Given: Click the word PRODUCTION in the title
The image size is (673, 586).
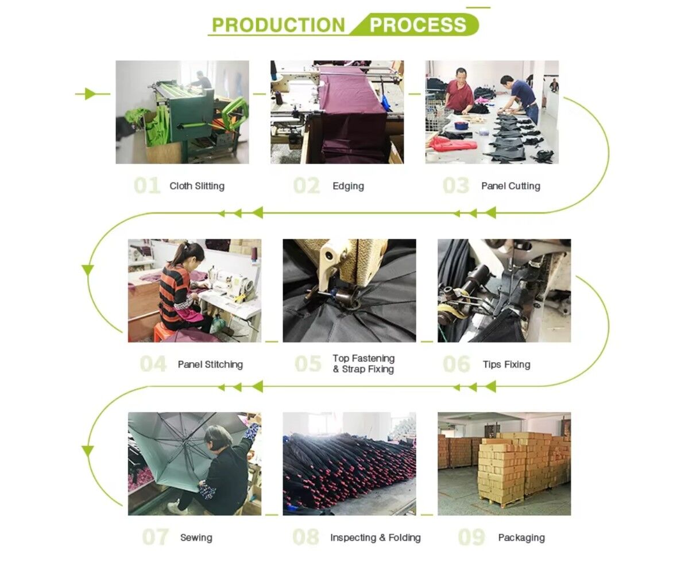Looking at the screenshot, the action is (x=279, y=25).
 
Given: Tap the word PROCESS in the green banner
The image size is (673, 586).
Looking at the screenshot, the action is (x=417, y=25).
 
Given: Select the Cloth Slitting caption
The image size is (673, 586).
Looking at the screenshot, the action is (x=197, y=186).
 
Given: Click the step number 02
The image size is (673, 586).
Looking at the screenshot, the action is (x=307, y=186).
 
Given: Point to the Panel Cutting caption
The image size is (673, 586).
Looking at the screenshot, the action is (x=510, y=186).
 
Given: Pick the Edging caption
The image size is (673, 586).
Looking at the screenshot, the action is (x=348, y=186).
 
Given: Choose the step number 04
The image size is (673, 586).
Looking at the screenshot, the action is (x=153, y=364).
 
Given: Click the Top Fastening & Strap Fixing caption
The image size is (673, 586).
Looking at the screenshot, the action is (x=363, y=364).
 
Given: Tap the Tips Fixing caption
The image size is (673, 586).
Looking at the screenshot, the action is (x=506, y=364).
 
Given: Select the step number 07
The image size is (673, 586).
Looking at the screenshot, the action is (x=156, y=537).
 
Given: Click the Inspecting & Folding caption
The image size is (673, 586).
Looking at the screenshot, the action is (x=376, y=538).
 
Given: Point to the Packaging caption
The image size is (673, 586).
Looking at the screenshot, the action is (x=521, y=538).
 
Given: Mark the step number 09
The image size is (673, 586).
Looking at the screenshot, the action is (x=471, y=537).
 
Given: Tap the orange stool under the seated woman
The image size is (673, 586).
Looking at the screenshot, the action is (x=164, y=332).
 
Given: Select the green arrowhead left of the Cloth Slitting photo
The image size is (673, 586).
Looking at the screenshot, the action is (x=90, y=94).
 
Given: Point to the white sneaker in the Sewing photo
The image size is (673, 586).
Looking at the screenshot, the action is (x=176, y=507).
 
